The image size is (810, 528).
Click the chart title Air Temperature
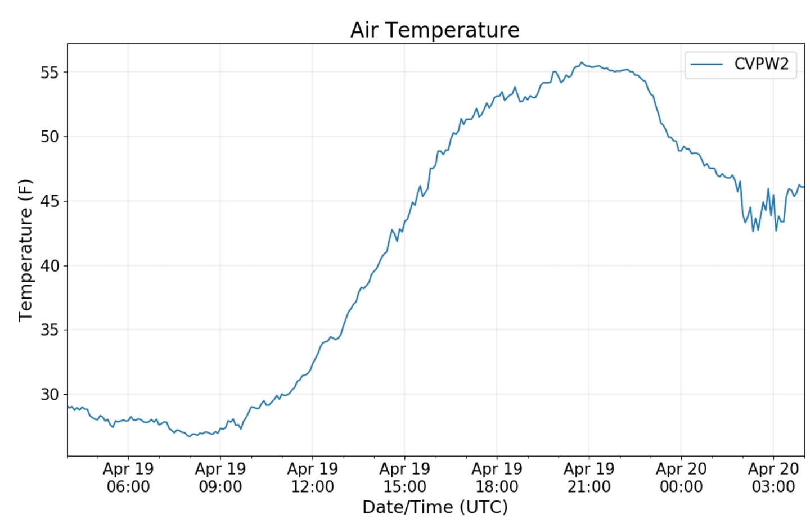pyautogui.click(x=434, y=30)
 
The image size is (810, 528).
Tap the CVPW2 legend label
pyautogui.click(x=761, y=64)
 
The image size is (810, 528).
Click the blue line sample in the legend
pyautogui.click(x=706, y=64)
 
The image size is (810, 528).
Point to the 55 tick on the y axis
pyautogui.click(x=49, y=73)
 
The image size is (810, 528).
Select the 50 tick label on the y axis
pyautogui.click(x=49, y=137)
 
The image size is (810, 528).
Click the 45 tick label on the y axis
pyautogui.click(x=49, y=201)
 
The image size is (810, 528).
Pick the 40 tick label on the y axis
pyautogui.click(x=49, y=265)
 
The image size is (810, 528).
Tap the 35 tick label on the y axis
pyautogui.click(x=49, y=330)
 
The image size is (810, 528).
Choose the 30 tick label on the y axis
pyautogui.click(x=49, y=395)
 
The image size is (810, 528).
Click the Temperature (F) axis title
pyautogui.click(x=25, y=250)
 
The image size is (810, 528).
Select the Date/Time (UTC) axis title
pyautogui.click(x=435, y=507)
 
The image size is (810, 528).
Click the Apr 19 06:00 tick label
pyautogui.click(x=128, y=477)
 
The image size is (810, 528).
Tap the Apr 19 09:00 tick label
pyautogui.click(x=220, y=477)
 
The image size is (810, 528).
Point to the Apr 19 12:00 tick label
pyautogui.click(x=313, y=477)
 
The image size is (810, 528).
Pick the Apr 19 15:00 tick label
pyautogui.click(x=405, y=477)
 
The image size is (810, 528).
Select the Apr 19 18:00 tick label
pyautogui.click(x=497, y=477)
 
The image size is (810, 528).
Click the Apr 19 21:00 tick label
pyautogui.click(x=589, y=477)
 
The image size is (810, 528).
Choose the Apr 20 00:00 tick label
pyautogui.click(x=681, y=477)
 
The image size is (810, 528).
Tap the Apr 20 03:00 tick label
pyautogui.click(x=773, y=477)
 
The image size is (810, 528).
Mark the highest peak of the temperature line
pyautogui.click(x=582, y=62)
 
